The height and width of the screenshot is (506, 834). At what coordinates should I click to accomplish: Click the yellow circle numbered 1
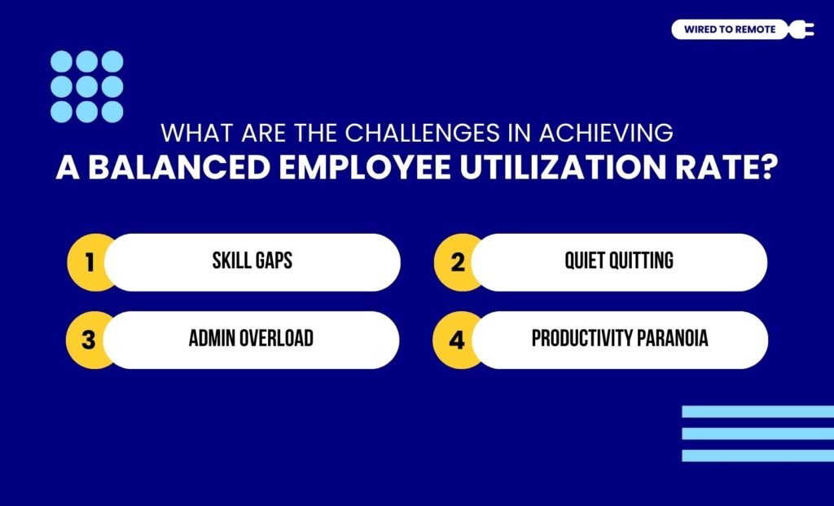(89, 262)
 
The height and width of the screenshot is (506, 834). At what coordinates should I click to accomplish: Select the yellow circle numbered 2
(456, 262)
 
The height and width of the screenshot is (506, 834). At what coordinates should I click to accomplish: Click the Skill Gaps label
(252, 262)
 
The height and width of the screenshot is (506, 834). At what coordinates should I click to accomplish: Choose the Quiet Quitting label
(619, 262)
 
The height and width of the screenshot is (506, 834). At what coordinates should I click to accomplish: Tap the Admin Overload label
(251, 339)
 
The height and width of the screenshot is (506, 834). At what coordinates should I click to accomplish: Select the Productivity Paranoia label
(620, 339)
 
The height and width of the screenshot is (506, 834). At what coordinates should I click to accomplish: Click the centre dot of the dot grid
(87, 86)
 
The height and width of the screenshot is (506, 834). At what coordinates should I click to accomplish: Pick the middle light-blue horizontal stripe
(757, 434)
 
